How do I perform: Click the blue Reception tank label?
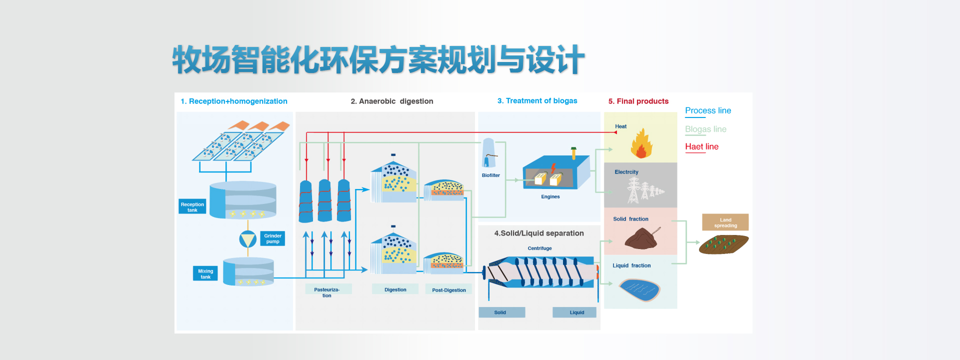pos(192,206)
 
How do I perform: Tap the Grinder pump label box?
pos(272,238)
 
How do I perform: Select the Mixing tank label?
pos(205,273)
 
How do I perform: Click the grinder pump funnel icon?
pos(247,239)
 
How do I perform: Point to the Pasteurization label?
pos(327,292)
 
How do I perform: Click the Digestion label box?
pos(395,289)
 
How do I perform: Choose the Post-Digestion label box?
pos(448,290)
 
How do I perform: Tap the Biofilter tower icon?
pos(488,153)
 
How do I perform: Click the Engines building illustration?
pos(555,172)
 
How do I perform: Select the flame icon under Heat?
pos(641,144)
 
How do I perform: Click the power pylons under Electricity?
pos(644,190)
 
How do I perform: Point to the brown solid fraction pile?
pos(641,238)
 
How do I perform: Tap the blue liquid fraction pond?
pos(639,289)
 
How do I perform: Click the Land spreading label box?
pos(725,222)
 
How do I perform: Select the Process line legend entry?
pos(707,110)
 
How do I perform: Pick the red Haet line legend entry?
pos(701,146)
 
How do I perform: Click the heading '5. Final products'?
pos(638,101)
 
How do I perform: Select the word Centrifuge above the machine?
pos(539,248)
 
